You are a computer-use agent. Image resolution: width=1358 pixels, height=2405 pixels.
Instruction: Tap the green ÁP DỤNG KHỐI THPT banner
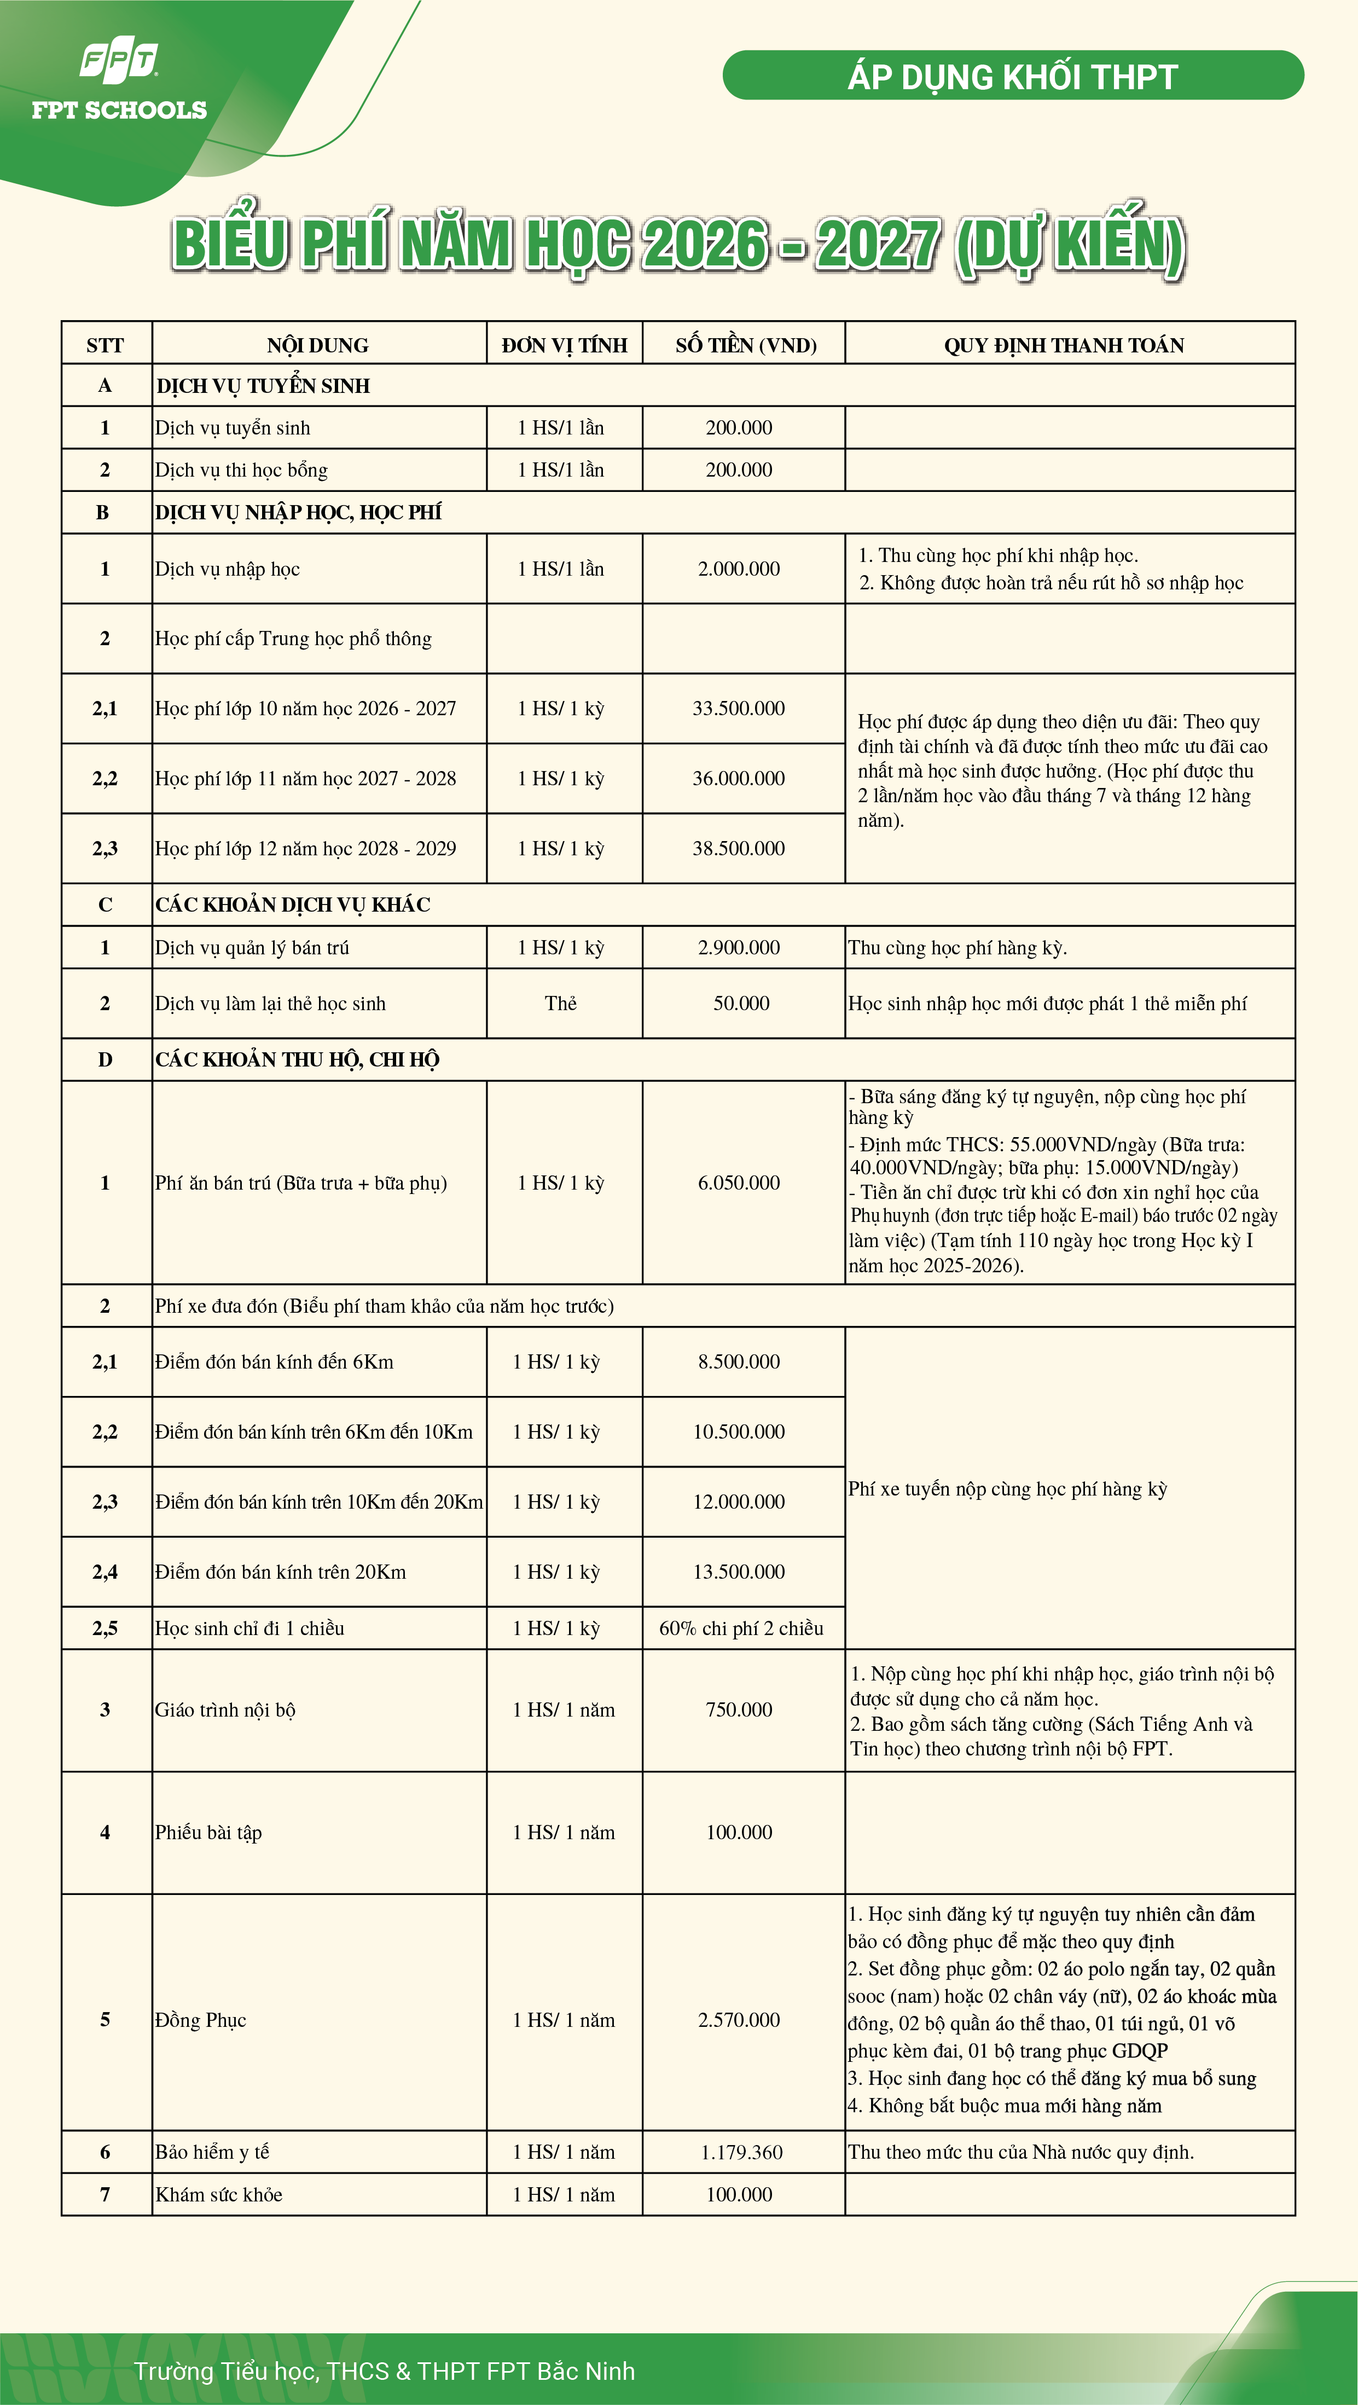click(1013, 76)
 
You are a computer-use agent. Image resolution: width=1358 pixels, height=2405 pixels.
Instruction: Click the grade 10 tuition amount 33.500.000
click(738, 709)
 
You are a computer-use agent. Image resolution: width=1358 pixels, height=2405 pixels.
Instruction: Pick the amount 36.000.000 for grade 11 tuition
click(738, 779)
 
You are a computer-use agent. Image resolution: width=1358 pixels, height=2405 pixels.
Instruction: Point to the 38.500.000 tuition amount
click(738, 849)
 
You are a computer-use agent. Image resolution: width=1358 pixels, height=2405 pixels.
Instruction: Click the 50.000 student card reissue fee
click(741, 1004)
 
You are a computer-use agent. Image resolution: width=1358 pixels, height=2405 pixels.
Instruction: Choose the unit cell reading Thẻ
click(561, 1004)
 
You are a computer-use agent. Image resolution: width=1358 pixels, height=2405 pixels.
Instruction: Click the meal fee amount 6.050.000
click(738, 1183)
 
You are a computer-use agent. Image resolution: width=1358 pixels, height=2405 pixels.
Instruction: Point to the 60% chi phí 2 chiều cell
click(741, 1628)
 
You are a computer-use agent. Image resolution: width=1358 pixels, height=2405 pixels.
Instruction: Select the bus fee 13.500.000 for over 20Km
click(738, 1572)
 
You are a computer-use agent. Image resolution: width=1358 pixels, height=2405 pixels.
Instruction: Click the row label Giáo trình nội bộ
click(225, 1711)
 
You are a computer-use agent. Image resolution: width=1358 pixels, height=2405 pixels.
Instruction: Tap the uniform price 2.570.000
click(738, 2020)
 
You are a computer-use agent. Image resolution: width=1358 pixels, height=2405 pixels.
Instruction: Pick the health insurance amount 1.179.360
click(741, 2153)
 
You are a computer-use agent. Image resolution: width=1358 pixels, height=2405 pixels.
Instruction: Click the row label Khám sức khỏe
click(218, 2195)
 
